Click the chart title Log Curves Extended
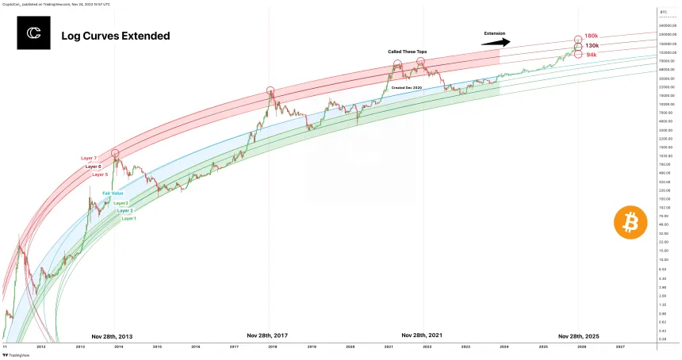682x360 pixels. click(115, 36)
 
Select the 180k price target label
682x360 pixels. click(591, 36)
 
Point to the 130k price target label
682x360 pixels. click(592, 46)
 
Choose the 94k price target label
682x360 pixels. click(591, 55)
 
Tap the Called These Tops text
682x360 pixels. click(406, 51)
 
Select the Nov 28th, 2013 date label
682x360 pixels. click(112, 336)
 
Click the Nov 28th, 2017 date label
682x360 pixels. click(267, 335)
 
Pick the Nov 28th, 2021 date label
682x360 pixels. click(423, 335)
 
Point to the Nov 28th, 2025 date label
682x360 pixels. click(579, 335)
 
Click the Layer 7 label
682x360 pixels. click(89, 158)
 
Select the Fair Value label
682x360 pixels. click(112, 193)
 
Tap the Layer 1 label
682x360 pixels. click(128, 218)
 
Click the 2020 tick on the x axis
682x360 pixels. click(350, 347)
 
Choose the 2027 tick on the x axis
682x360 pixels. click(620, 347)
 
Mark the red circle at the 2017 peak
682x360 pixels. click(270, 91)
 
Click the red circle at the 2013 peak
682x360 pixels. click(115, 152)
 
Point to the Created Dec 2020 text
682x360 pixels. click(407, 86)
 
